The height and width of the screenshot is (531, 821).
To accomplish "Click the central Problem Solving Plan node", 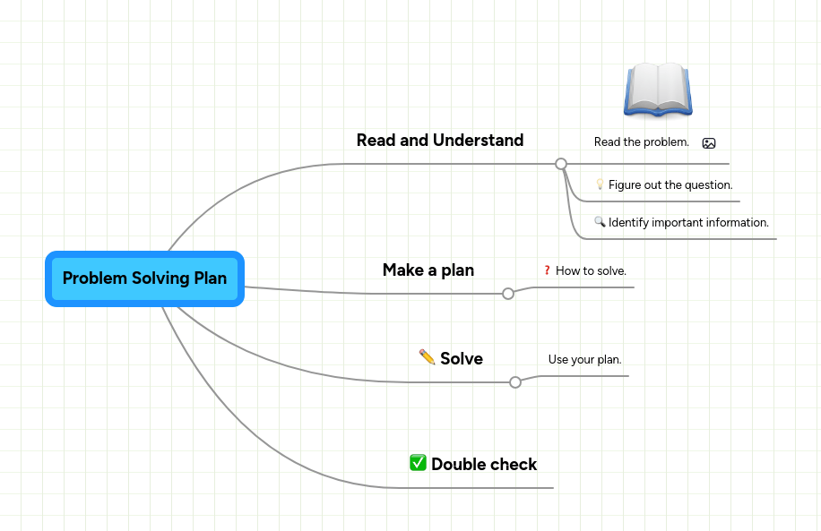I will coord(144,278).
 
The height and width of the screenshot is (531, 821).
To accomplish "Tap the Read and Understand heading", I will coord(439,141).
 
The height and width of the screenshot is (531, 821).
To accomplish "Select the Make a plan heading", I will coord(428,270).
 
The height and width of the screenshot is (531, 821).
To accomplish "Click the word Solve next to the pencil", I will coord(461,359).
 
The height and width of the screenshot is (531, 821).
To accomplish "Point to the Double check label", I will coord(483,465).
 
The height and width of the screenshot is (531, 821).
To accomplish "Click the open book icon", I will coord(658,90).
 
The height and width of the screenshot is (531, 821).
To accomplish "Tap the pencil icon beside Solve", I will coord(428,357).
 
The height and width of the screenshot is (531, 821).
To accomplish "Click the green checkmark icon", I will coord(418,463).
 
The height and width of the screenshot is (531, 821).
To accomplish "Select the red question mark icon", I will coord(547,270).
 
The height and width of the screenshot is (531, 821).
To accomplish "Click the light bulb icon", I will coord(600,184).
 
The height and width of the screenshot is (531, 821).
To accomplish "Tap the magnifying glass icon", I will coord(600,222).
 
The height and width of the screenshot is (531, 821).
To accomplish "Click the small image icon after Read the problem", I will coord(709,143).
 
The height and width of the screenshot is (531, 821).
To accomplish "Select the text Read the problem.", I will coord(641,142).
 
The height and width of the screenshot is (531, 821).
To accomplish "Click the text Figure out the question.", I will coord(670,185).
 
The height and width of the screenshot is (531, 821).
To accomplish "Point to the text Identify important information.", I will coord(688,223).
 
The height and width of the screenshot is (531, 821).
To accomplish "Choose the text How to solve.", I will coord(591,270).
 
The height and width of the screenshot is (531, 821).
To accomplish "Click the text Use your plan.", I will coord(584,360).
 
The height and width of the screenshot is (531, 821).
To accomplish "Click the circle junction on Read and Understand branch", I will coord(561,164).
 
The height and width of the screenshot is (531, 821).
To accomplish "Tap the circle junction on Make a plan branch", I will coord(508,294).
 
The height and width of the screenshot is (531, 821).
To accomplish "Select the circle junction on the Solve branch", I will coord(515,382).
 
